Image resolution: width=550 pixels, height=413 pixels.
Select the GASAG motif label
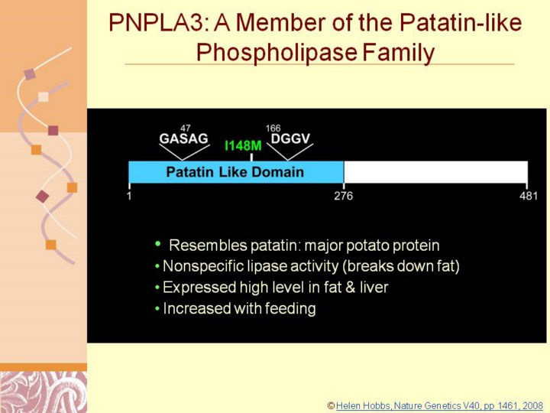click(184, 138)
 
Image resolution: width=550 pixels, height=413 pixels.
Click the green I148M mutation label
click(243, 145)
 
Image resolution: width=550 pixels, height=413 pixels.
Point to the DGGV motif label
click(290, 138)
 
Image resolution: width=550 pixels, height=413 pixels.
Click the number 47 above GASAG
click(185, 128)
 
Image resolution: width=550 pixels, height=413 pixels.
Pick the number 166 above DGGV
click(273, 128)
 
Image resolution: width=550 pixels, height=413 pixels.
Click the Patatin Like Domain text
click(235, 172)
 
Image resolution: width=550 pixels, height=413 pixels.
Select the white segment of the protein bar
click(435, 172)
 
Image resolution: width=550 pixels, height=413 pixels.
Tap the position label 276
click(344, 196)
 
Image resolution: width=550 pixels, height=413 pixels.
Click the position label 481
click(529, 196)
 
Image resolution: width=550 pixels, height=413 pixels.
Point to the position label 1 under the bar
click(129, 196)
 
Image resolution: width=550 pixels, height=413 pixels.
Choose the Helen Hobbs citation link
click(439, 406)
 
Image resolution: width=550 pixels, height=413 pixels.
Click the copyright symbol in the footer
click(331, 406)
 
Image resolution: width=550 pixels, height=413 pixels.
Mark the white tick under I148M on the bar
click(251, 157)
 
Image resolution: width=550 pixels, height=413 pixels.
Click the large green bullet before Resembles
click(158, 243)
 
